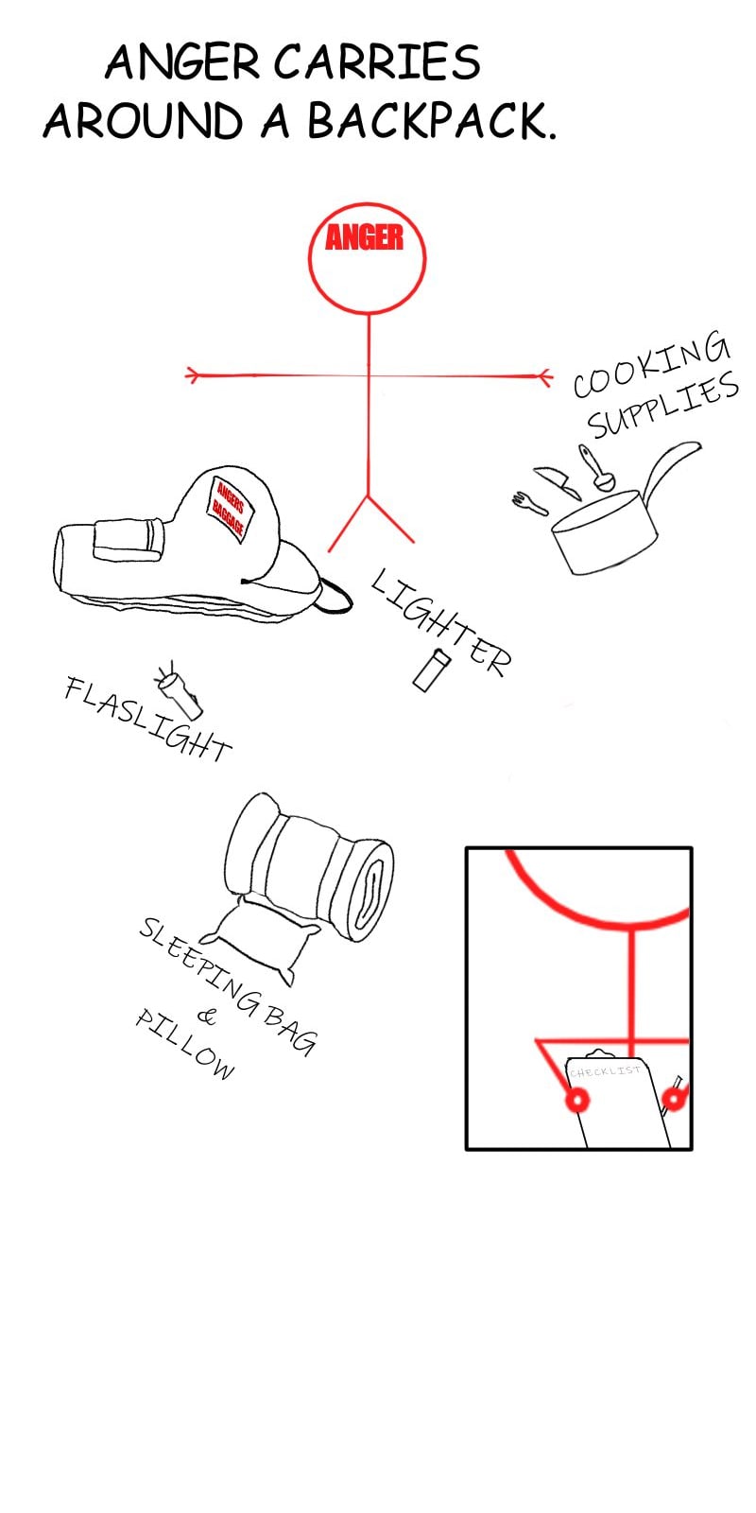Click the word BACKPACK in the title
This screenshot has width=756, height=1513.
tap(432, 121)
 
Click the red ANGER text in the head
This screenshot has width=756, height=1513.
tap(365, 237)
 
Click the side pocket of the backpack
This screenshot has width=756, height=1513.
tap(129, 540)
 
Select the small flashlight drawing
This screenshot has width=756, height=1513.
tap(179, 690)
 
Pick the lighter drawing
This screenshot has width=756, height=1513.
tap(432, 670)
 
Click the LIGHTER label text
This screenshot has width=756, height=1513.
tap(440, 621)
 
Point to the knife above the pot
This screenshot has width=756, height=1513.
tap(558, 481)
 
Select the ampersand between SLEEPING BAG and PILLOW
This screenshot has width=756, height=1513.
tap(207, 1017)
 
